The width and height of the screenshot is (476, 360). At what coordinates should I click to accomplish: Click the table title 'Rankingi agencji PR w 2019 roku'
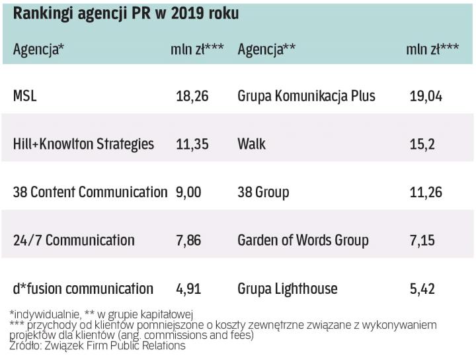(x=126, y=14)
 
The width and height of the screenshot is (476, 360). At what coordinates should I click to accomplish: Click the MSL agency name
(x=25, y=96)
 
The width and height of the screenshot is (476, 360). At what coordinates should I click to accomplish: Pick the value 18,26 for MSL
(x=192, y=96)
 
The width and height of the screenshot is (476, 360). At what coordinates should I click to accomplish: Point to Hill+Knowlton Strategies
(x=83, y=144)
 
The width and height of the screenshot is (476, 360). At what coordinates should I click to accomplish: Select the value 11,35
(x=192, y=144)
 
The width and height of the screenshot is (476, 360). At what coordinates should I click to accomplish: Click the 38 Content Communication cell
(x=90, y=192)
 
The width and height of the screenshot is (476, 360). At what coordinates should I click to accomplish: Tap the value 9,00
(x=188, y=192)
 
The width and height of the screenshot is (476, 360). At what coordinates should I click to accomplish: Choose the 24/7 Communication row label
(x=73, y=240)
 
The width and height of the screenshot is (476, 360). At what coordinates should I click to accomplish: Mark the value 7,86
(x=188, y=240)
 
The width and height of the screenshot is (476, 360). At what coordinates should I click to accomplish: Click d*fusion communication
(x=83, y=289)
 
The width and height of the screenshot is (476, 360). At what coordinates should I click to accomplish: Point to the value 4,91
(x=188, y=289)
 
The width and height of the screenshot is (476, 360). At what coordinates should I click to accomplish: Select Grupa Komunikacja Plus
(x=306, y=96)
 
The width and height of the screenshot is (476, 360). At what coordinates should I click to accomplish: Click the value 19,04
(x=426, y=96)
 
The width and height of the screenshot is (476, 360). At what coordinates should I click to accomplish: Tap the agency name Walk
(x=252, y=144)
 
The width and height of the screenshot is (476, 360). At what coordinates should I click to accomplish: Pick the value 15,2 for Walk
(x=422, y=144)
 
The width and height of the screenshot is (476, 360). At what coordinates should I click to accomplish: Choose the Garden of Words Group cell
(x=303, y=240)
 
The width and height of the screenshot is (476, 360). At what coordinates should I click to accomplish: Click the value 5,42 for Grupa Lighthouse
(x=422, y=289)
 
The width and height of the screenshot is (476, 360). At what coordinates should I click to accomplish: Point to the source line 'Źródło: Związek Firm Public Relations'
(x=98, y=346)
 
